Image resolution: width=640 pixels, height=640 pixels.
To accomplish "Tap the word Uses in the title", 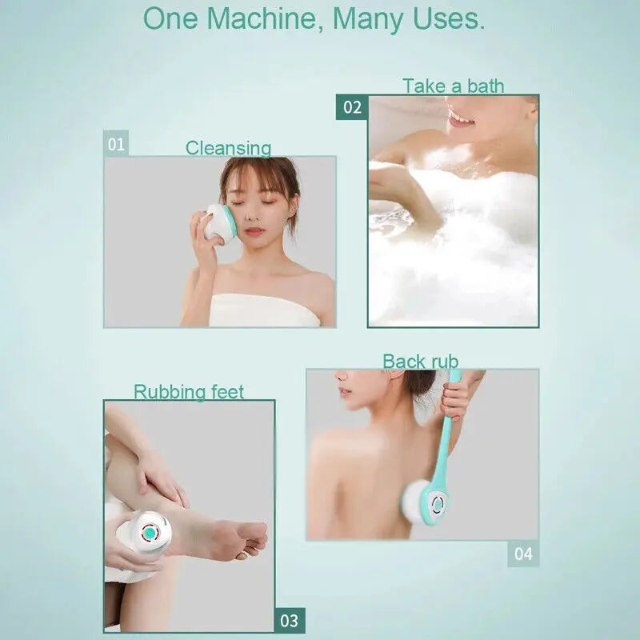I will pyautogui.click(x=446, y=19).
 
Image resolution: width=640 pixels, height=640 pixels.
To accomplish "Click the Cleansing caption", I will pyautogui.click(x=228, y=148).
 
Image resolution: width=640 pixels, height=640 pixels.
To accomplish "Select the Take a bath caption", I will pyautogui.click(x=453, y=86).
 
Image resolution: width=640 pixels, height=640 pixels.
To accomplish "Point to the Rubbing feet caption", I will pyautogui.click(x=189, y=392).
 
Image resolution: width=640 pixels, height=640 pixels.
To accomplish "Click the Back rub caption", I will pyautogui.click(x=420, y=362).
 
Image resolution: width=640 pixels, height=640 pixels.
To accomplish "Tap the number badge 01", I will pyautogui.click(x=117, y=145).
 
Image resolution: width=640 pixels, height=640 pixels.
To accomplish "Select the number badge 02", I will pyautogui.click(x=352, y=107).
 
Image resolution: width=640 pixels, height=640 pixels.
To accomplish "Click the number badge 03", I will pyautogui.click(x=289, y=620).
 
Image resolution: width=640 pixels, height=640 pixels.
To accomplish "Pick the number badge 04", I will pyautogui.click(x=522, y=554).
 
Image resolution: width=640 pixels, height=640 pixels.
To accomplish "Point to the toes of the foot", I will pyautogui.click(x=254, y=538).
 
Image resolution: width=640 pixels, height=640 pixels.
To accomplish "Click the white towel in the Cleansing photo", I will pyautogui.click(x=264, y=310).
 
